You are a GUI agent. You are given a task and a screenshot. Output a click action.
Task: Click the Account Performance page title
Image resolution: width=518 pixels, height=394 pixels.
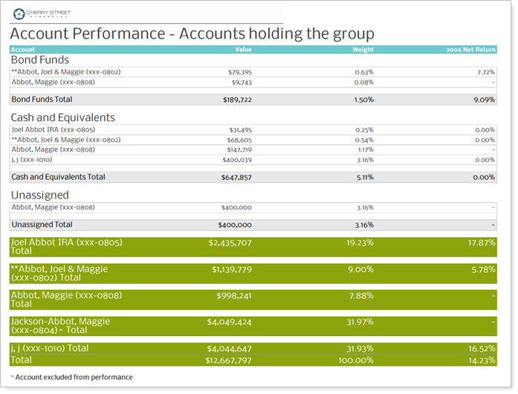pos(192,34)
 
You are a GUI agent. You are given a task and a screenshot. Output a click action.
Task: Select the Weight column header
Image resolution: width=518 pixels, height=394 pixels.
pos(363,50)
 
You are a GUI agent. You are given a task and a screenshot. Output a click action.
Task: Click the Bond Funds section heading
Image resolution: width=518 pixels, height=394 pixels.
pos(39,59)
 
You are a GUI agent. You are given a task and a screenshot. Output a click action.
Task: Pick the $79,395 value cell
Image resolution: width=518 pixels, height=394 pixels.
pos(239,72)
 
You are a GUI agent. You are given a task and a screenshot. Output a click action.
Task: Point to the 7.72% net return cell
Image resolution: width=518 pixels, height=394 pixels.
pos(485,72)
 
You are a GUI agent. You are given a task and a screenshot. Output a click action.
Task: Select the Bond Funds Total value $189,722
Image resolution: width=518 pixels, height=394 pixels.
pos(237,99)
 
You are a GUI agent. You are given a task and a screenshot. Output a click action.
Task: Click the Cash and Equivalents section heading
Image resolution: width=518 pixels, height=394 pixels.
pos(62,117)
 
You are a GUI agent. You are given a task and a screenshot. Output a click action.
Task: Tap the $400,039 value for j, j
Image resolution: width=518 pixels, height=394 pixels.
pos(236,159)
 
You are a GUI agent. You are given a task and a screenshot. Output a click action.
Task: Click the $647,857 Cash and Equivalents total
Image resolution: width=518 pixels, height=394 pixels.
pos(236,178)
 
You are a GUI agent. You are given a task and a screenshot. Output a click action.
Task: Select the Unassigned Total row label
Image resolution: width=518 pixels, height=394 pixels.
pos(42,225)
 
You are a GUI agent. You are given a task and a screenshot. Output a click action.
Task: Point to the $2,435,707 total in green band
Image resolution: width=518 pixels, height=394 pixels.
pos(231,243)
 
